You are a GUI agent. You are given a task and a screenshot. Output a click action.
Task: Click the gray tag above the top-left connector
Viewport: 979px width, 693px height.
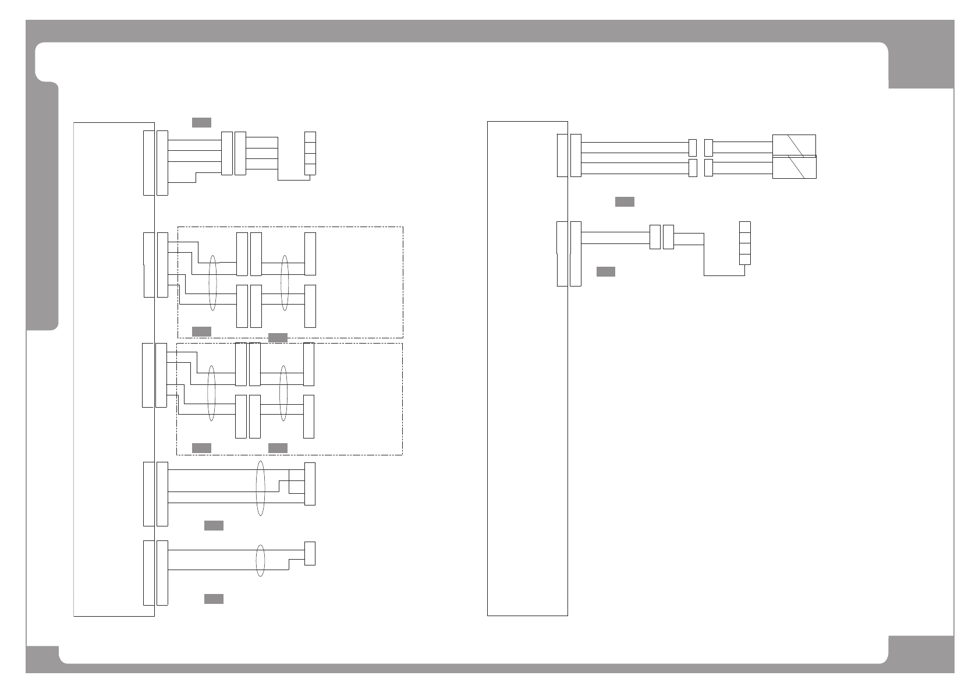[x=201, y=122]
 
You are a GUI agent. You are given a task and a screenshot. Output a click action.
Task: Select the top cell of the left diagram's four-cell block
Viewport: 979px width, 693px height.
[x=310, y=137]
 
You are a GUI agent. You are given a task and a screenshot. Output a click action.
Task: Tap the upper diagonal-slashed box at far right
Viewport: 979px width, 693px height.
[x=794, y=145]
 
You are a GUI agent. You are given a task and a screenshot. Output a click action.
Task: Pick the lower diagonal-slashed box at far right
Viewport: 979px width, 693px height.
[x=794, y=167]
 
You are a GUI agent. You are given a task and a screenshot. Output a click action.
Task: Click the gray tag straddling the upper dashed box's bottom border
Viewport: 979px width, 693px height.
[x=278, y=338]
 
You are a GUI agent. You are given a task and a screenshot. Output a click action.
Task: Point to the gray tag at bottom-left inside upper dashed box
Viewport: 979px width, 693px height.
[x=201, y=331]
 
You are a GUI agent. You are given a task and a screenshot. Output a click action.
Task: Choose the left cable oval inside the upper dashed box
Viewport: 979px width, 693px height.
[x=213, y=282]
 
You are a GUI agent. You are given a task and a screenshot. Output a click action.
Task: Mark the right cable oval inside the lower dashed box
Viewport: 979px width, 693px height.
[x=283, y=393]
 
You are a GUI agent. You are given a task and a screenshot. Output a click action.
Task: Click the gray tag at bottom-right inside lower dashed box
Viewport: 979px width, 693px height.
[x=278, y=448]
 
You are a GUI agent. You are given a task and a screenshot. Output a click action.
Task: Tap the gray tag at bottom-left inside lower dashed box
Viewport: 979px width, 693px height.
[x=201, y=448]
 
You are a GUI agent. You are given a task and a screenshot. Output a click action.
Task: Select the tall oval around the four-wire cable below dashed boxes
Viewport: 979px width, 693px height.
[x=261, y=488]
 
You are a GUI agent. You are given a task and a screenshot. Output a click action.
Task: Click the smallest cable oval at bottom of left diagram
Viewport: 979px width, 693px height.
[x=261, y=561]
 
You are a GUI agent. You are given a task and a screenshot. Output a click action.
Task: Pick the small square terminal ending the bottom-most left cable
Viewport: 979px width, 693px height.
[x=310, y=553]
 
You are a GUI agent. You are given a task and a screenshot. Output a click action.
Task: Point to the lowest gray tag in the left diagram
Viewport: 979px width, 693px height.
[x=214, y=599]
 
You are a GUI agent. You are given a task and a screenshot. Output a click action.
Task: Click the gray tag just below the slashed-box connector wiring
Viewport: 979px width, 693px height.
[x=625, y=201]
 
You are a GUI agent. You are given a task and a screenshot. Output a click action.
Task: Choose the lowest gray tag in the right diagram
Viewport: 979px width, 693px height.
[x=606, y=271]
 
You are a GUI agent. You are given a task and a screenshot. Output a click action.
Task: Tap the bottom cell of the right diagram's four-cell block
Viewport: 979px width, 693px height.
[x=744, y=259]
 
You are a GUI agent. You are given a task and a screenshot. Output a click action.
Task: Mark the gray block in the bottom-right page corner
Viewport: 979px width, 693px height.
[x=921, y=653]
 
